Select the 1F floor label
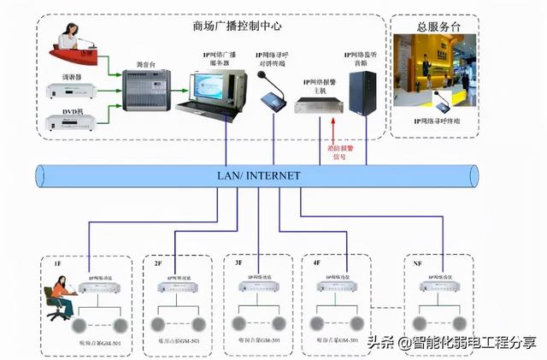(x=58, y=265)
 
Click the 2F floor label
(x=157, y=265)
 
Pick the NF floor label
(x=417, y=265)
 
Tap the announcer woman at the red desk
(x=68, y=40)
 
